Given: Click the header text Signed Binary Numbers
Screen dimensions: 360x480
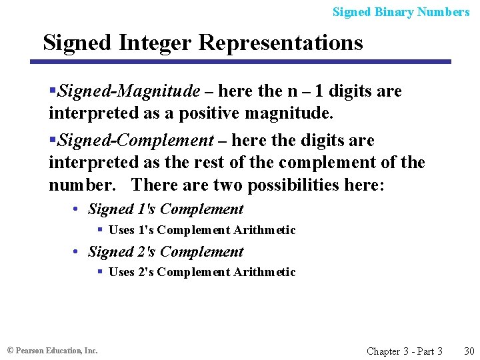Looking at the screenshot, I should point(401,12).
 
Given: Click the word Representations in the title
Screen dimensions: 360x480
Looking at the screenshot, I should point(281,43).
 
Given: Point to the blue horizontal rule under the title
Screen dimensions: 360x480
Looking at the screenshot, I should point(240,62).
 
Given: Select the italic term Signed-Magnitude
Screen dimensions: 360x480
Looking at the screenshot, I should point(129,91).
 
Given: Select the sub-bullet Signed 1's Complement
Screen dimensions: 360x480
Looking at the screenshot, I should point(165,209).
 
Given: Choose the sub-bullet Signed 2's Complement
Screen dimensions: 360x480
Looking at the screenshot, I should point(165,252).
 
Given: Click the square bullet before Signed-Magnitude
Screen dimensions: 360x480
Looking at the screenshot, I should point(53,91).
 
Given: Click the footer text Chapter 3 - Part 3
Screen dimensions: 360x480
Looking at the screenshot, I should point(404,351).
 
